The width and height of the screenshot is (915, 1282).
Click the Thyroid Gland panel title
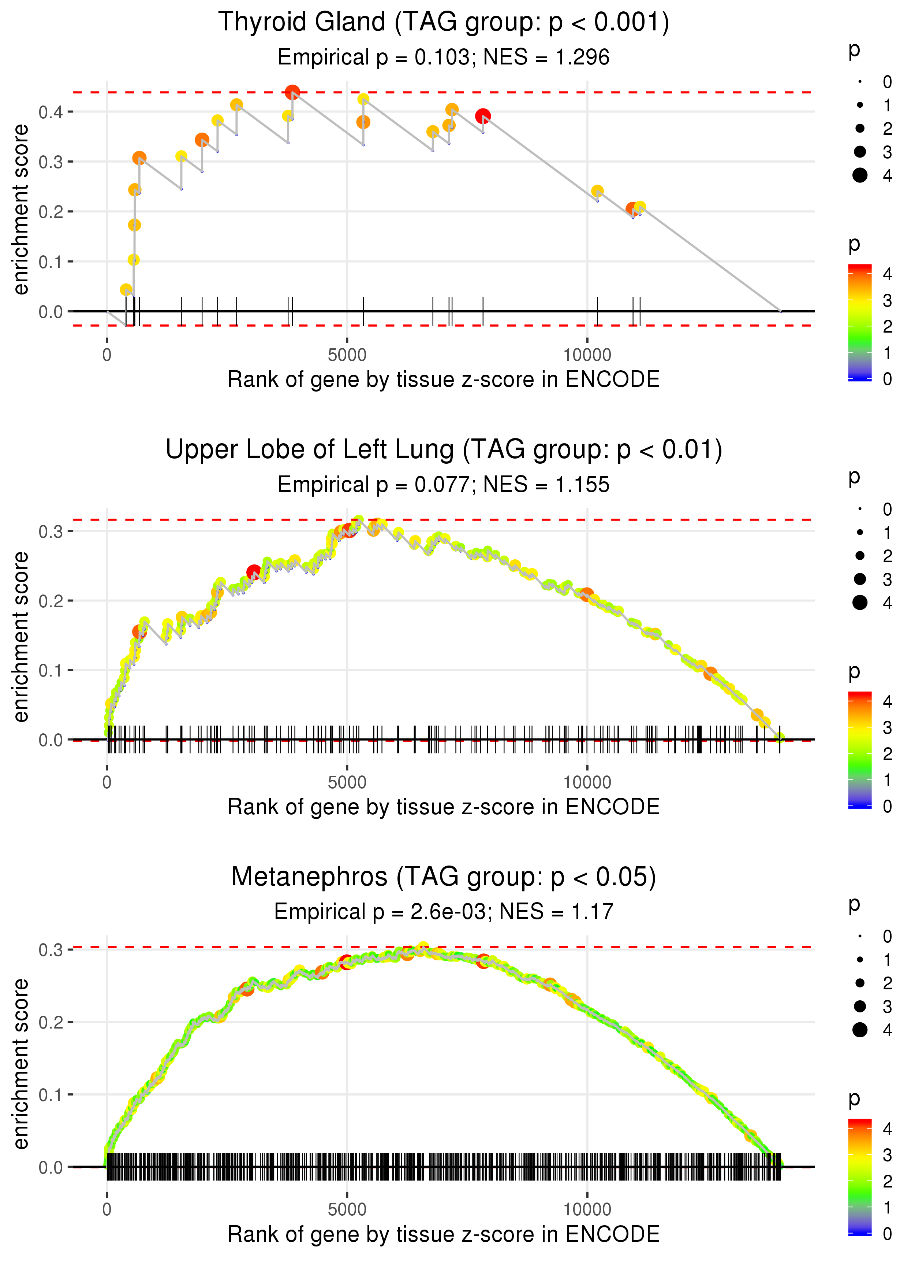click(444, 23)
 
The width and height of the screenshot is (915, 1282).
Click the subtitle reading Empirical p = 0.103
click(444, 58)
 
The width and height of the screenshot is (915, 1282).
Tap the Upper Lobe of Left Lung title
click(444, 450)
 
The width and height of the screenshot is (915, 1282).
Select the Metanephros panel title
click(444, 877)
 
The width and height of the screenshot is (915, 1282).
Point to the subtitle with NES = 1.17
click(444, 912)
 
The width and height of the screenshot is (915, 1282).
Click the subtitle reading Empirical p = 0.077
click(444, 485)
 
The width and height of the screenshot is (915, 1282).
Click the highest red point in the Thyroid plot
click(292, 92)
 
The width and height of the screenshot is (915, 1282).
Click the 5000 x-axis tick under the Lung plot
click(347, 782)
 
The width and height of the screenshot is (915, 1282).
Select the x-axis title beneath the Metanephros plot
click(444, 1234)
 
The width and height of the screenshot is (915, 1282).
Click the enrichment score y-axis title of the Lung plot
click(21, 637)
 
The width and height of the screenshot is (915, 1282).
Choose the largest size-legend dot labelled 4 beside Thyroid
click(860, 175)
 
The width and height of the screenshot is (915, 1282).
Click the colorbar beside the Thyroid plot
click(860, 322)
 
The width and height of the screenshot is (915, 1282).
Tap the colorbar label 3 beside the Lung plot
click(888, 728)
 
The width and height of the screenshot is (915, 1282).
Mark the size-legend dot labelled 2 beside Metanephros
click(860, 983)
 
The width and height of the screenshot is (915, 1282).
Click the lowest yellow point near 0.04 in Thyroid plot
click(126, 290)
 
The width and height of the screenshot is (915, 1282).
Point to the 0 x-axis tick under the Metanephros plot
click(107, 1209)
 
